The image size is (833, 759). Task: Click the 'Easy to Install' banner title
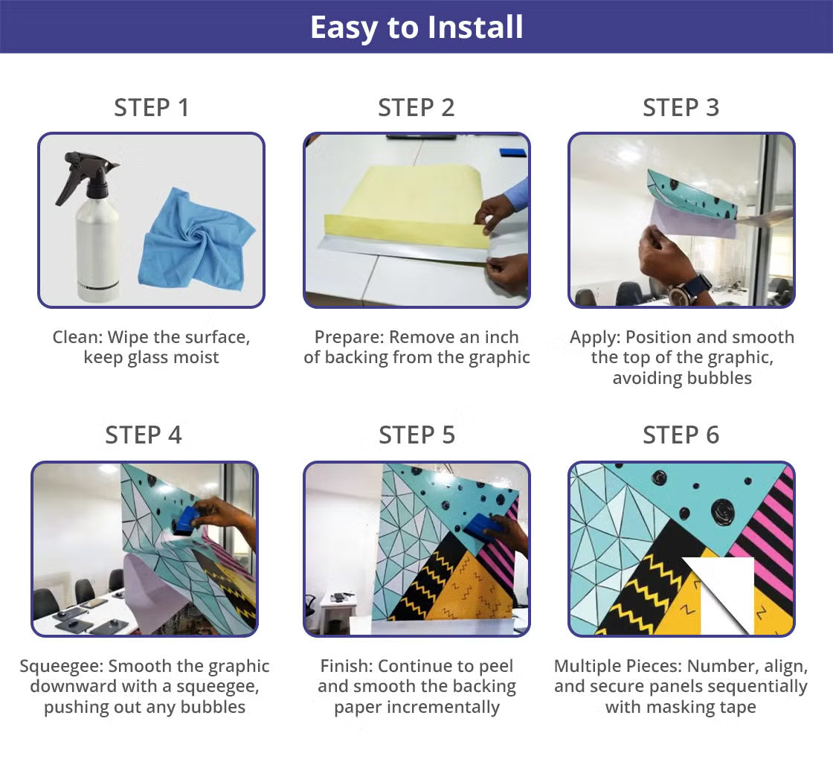tap(416, 28)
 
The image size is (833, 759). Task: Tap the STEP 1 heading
tap(152, 108)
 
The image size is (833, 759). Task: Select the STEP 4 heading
tap(144, 435)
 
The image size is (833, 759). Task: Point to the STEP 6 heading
tap(681, 435)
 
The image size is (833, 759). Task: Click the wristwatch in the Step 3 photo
tap(689, 289)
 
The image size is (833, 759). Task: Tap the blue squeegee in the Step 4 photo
tap(187, 521)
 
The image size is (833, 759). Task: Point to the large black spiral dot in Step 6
tap(723, 511)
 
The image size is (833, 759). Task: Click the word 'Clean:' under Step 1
tap(77, 338)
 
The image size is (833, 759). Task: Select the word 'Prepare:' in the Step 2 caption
tap(350, 338)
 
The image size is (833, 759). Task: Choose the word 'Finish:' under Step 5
tap(347, 667)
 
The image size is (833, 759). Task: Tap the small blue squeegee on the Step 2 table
tap(513, 153)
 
